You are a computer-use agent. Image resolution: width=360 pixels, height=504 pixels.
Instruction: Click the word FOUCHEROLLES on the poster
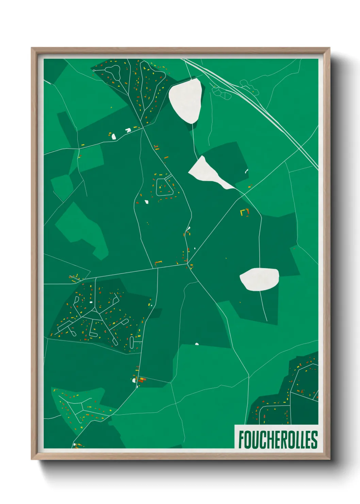click(x=278, y=439)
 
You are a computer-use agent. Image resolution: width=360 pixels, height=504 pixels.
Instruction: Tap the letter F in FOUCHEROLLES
click(x=241, y=439)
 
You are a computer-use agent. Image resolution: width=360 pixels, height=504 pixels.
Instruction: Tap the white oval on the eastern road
click(x=259, y=279)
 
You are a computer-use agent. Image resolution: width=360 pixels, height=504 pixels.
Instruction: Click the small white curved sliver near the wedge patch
click(x=246, y=171)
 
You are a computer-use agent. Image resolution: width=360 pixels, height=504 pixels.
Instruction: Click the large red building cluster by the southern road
click(x=141, y=380)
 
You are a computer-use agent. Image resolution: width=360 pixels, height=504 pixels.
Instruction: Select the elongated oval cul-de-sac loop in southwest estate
click(x=132, y=343)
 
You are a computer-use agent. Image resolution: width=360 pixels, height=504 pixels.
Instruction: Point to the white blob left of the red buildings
click(x=134, y=380)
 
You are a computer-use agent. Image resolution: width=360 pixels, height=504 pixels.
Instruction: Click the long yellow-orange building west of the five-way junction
click(x=159, y=262)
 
